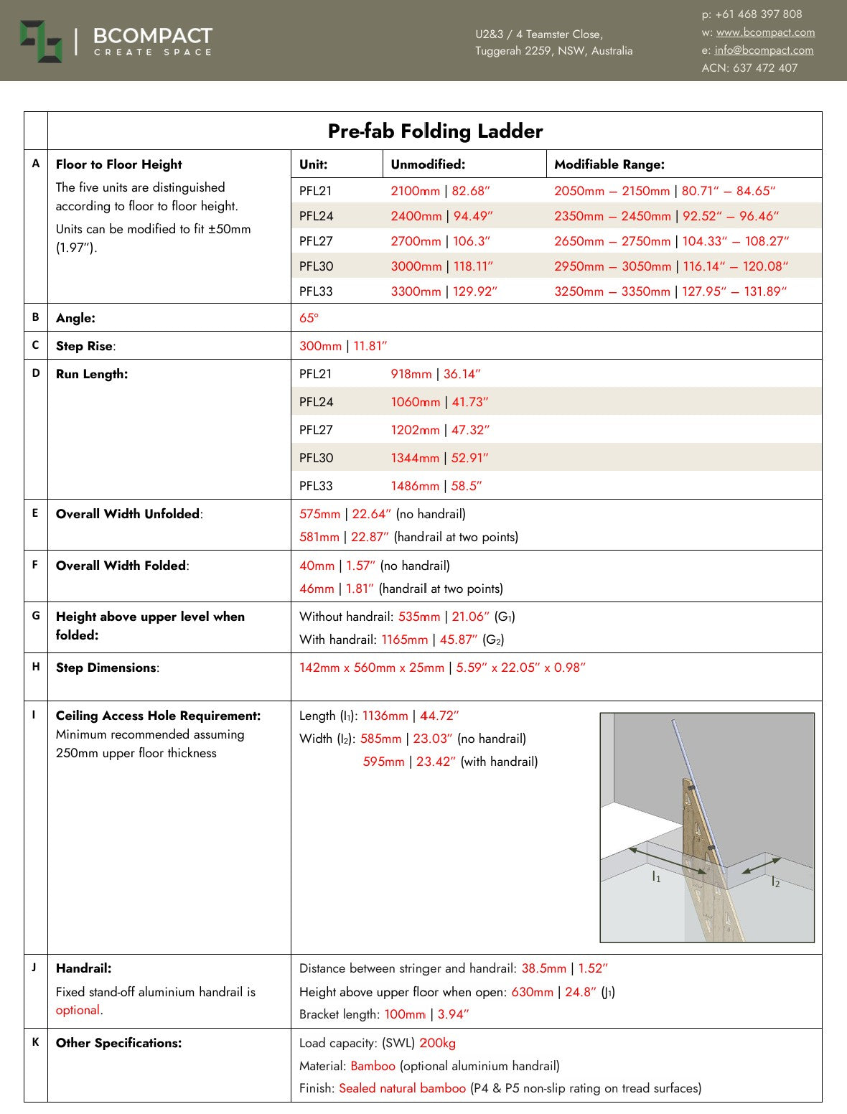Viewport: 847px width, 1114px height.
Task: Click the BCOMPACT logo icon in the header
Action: pyautogui.click(x=41, y=42)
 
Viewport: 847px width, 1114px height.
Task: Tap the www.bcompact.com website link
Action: pyautogui.click(x=765, y=32)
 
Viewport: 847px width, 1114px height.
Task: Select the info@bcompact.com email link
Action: pyautogui.click(x=764, y=50)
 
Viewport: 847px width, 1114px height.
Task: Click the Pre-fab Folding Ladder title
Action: pyautogui.click(x=435, y=131)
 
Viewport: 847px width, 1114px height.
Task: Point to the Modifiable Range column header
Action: pyautogui.click(x=609, y=164)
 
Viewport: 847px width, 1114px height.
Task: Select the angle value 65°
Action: pyautogui.click(x=309, y=318)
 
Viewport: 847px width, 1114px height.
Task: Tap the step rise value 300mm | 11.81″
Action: pyautogui.click(x=343, y=346)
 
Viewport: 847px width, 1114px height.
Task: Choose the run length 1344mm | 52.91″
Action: pyautogui.click(x=439, y=458)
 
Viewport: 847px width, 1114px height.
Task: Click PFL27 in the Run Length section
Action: pyautogui.click(x=316, y=430)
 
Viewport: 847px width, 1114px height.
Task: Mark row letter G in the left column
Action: pyautogui.click(x=36, y=615)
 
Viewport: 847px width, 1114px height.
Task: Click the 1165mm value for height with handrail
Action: pyautogui.click(x=404, y=640)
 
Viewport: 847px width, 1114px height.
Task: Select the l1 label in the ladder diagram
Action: pyautogui.click(x=656, y=877)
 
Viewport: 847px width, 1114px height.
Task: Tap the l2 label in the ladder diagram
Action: pyautogui.click(x=775, y=882)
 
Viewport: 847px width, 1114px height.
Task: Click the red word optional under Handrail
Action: pyautogui.click(x=78, y=1011)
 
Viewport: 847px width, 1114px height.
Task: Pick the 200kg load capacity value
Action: pyautogui.click(x=437, y=1043)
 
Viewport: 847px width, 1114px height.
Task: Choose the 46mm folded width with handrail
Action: pyautogui.click(x=317, y=589)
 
